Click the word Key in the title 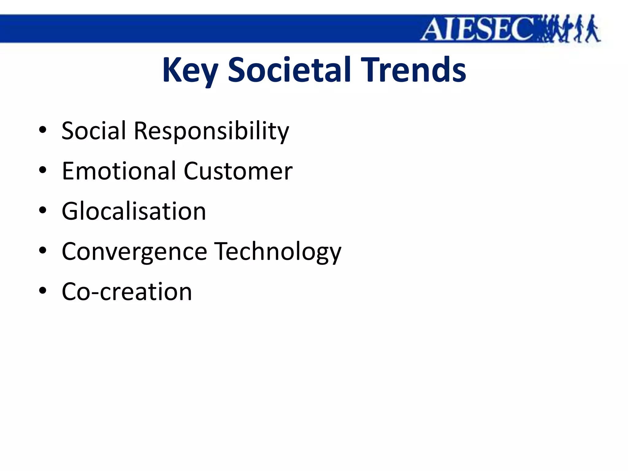190,71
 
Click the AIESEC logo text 478,29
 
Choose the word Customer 238,171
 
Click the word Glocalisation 134,211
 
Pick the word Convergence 134,252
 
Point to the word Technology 278,252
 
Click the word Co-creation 127,292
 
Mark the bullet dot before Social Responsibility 43,130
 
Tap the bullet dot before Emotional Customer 43,170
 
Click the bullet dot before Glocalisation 43,211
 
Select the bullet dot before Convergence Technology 43,251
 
